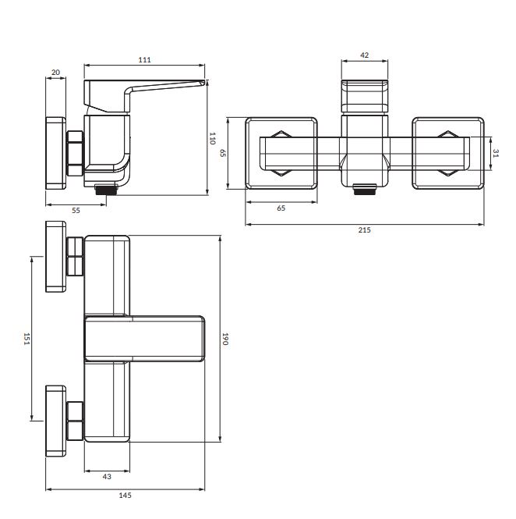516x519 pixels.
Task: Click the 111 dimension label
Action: point(144,60)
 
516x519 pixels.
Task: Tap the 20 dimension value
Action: point(56,72)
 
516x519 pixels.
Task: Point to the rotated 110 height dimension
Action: point(213,138)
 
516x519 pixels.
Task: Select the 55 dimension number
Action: point(76,211)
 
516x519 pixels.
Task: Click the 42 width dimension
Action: point(364,55)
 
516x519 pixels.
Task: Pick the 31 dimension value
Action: point(496,153)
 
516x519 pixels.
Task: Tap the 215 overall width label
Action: point(364,230)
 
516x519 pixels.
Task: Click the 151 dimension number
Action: point(27,339)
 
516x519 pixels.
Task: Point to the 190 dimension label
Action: point(225,339)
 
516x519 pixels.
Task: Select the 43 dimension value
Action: point(107,477)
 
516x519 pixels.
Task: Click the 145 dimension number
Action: point(125,496)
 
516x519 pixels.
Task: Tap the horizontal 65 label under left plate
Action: point(281,208)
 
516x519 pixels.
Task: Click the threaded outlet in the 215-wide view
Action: point(365,189)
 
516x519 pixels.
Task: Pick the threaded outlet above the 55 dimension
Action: point(106,190)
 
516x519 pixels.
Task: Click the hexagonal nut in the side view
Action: point(76,153)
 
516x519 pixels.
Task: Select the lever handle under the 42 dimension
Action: point(364,96)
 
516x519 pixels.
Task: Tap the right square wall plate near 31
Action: point(448,153)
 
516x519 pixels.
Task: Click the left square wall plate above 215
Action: point(281,153)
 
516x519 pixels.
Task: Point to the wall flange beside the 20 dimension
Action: point(55,153)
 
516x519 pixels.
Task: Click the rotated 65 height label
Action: point(223,153)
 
